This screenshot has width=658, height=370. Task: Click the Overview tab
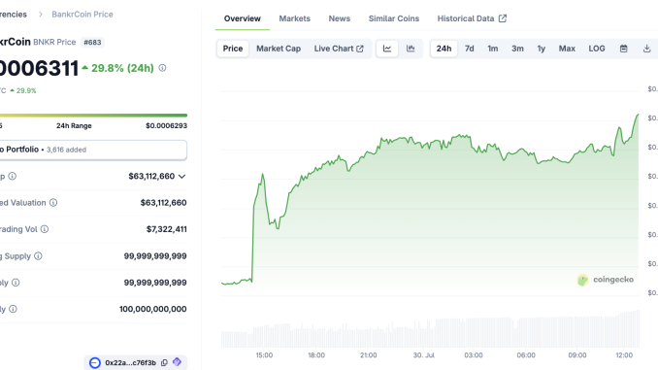(243, 18)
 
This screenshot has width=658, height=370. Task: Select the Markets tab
(295, 18)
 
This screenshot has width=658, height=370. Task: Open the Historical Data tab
(472, 18)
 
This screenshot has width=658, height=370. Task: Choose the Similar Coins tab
(394, 18)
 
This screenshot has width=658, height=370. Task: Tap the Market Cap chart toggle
(279, 49)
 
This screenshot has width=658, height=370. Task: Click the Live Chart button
(339, 49)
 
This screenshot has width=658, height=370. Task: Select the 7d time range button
(470, 49)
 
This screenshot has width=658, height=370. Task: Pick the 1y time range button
(542, 49)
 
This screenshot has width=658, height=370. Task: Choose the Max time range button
(568, 49)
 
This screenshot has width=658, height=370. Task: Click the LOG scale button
(597, 49)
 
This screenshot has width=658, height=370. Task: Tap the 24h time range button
(444, 49)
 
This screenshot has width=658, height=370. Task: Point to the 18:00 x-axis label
(316, 355)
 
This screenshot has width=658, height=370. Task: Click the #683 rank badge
(94, 43)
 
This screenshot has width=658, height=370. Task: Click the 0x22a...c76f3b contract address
(131, 363)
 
